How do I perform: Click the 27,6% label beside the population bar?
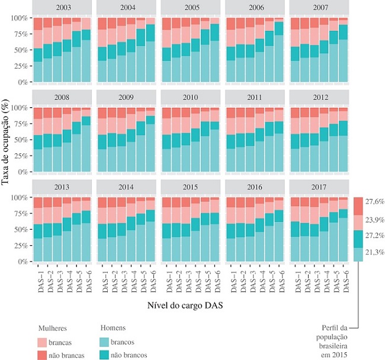[x=376, y=202]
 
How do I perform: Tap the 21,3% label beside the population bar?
[x=376, y=253]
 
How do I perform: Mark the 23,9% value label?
[x=376, y=219]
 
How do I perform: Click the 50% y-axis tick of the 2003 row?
[x=21, y=50]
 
